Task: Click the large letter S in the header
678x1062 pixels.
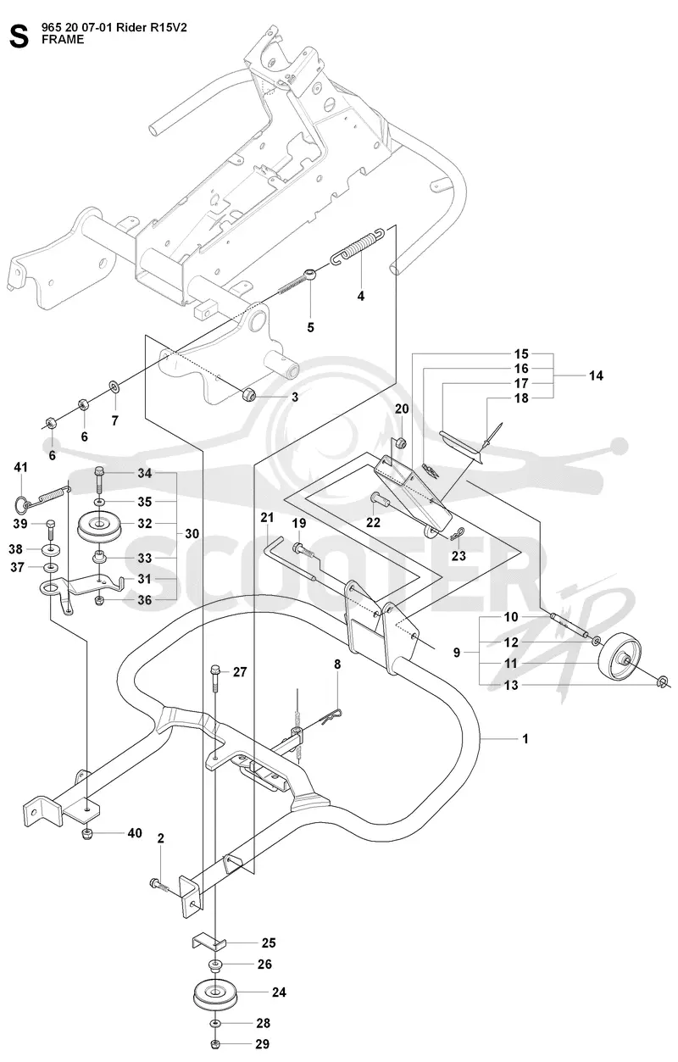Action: [19, 36]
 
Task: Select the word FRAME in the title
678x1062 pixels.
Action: [63, 40]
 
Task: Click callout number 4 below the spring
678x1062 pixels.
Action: [360, 296]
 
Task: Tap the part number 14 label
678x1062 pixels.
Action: [596, 375]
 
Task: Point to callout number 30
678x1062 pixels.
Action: [192, 533]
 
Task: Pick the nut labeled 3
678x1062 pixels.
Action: [249, 394]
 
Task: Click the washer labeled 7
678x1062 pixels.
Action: [114, 387]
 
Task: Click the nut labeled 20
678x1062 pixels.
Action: [401, 444]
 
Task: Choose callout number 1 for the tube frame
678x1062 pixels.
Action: [525, 738]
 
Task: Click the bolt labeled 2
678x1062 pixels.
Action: [161, 884]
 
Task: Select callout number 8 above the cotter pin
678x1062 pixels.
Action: [337, 664]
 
